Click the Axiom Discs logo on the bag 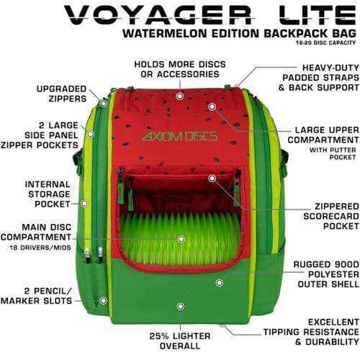coord(179,136)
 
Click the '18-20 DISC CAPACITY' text coord(325,42)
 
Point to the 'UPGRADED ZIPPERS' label coord(61,94)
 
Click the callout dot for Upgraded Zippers coord(104,104)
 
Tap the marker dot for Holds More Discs coord(179,96)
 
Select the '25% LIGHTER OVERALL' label coord(180,341)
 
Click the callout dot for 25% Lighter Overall coord(180,306)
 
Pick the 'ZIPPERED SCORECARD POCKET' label coord(331,216)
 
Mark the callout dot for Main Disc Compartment coord(181,239)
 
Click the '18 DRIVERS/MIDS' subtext coord(40,248)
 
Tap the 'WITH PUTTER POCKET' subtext coord(333,153)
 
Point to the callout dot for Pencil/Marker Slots coord(104,300)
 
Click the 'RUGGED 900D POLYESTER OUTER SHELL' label coord(326,274)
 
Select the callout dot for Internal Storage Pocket coord(84,204)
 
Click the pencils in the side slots coord(94,255)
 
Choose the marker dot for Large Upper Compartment coord(212,107)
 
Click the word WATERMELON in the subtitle coord(165,33)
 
